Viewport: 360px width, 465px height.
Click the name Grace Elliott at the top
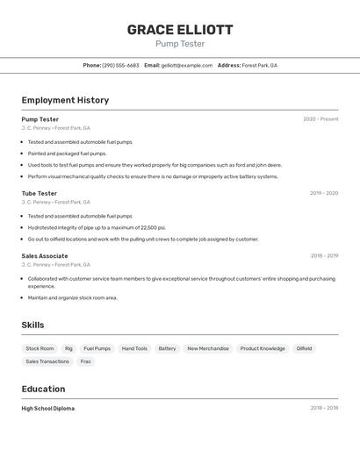click(180, 29)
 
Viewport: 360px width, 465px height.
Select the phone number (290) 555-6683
click(120, 65)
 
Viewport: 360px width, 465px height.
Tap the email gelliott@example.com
click(186, 65)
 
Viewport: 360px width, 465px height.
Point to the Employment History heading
click(65, 100)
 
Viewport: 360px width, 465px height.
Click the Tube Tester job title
click(40, 193)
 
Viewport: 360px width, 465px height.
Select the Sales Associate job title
click(45, 256)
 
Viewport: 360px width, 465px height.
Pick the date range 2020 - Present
click(320, 119)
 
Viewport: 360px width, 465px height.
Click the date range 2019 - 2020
click(323, 193)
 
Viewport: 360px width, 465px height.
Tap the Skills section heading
click(33, 325)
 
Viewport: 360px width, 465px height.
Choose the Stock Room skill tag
click(40, 348)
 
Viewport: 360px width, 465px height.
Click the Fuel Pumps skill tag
click(97, 348)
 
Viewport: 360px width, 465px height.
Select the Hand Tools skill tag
click(134, 348)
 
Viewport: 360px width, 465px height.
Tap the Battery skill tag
click(167, 348)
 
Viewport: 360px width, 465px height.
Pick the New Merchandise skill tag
click(208, 348)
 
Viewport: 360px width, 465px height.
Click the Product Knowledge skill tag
click(263, 348)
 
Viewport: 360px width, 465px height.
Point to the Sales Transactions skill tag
click(47, 361)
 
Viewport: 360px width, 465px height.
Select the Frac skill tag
click(86, 361)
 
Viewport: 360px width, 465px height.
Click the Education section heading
click(43, 389)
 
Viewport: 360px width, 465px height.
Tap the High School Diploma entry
click(48, 408)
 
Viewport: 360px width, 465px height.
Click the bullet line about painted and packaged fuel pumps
click(67, 153)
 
